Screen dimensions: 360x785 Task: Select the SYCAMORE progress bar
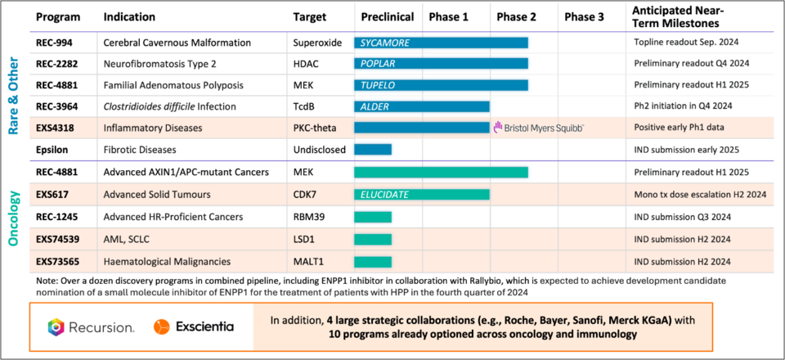(441, 42)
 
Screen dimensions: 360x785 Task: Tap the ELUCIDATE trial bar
(422, 194)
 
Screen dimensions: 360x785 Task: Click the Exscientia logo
(193, 326)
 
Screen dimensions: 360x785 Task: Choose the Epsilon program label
(52, 149)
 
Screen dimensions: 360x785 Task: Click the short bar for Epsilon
(373, 149)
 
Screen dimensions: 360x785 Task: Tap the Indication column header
(131, 17)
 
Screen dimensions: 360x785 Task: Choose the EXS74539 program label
(60, 238)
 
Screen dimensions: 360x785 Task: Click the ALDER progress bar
(422, 106)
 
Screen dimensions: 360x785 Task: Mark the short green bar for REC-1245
(373, 216)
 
